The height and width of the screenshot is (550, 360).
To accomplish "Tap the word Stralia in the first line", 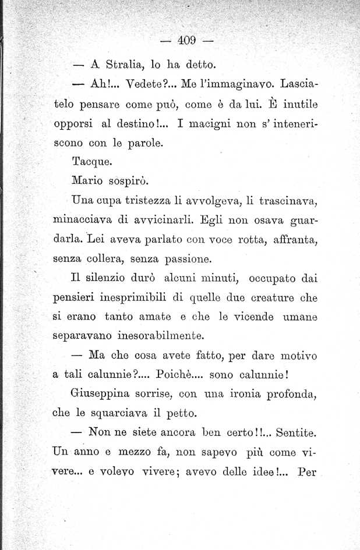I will (122, 63).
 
